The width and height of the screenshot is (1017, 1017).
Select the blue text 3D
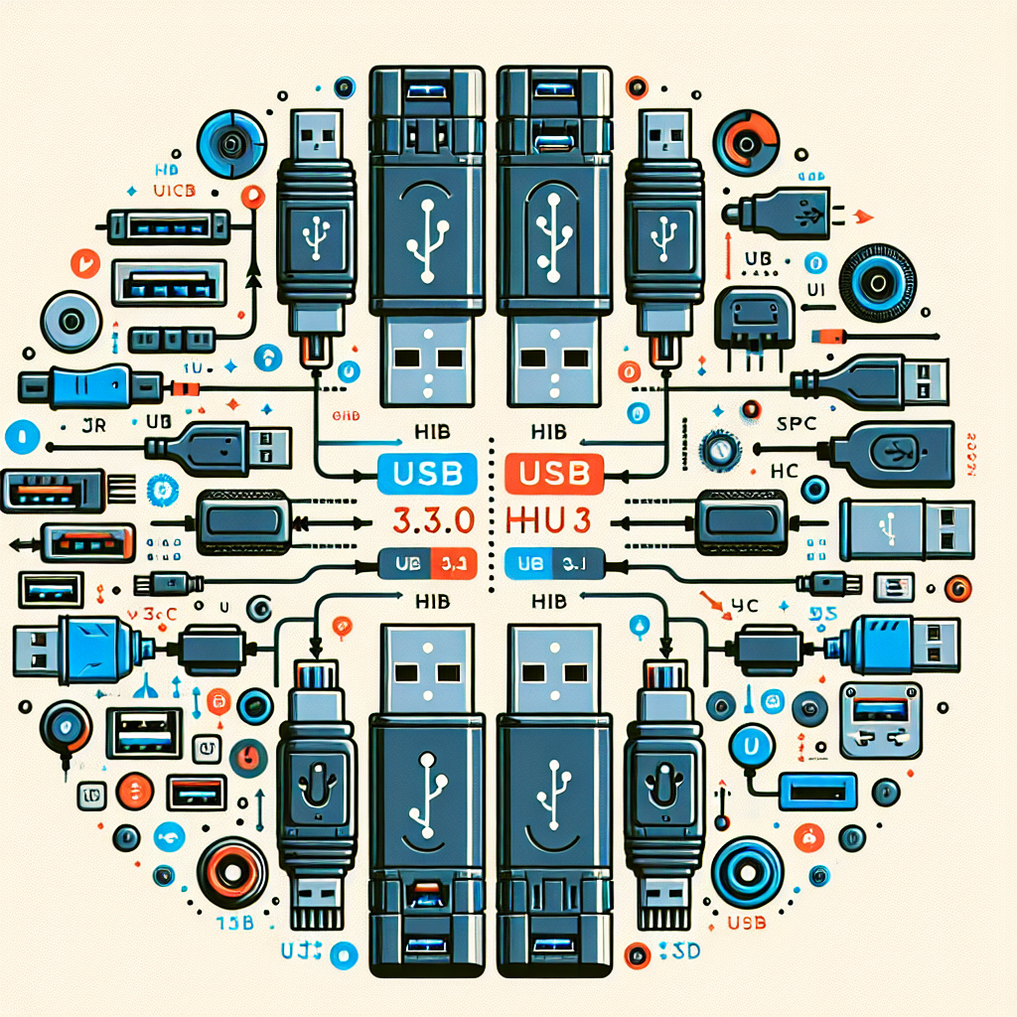coord(678,952)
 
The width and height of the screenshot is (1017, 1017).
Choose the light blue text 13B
coord(235,924)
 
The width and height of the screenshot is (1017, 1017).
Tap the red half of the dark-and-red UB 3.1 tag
coord(456,565)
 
